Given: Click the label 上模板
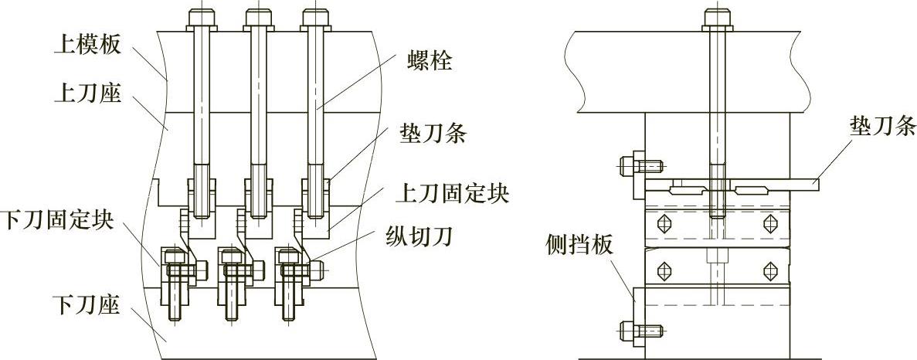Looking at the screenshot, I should [x=87, y=45].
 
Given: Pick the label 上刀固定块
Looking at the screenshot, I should [x=451, y=192].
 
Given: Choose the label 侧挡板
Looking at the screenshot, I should [x=579, y=246].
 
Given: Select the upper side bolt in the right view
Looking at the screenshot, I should [x=629, y=165].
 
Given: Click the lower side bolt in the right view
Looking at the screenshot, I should [x=629, y=332].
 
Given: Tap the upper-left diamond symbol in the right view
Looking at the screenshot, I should [x=663, y=223].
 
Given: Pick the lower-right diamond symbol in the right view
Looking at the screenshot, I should [x=769, y=270].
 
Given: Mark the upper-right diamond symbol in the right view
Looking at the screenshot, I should [x=769, y=223].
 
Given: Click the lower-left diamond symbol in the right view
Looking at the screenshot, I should [x=663, y=270].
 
